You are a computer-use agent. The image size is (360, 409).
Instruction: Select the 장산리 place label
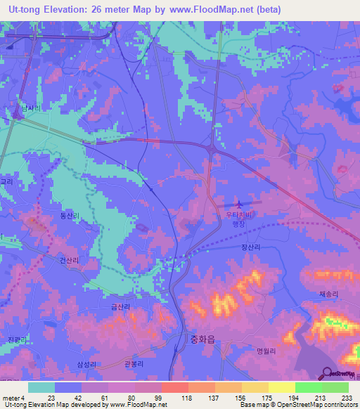251,247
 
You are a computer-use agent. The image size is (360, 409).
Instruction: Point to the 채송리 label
328,294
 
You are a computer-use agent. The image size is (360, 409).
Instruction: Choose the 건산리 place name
70,259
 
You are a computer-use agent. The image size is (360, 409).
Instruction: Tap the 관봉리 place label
134,363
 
